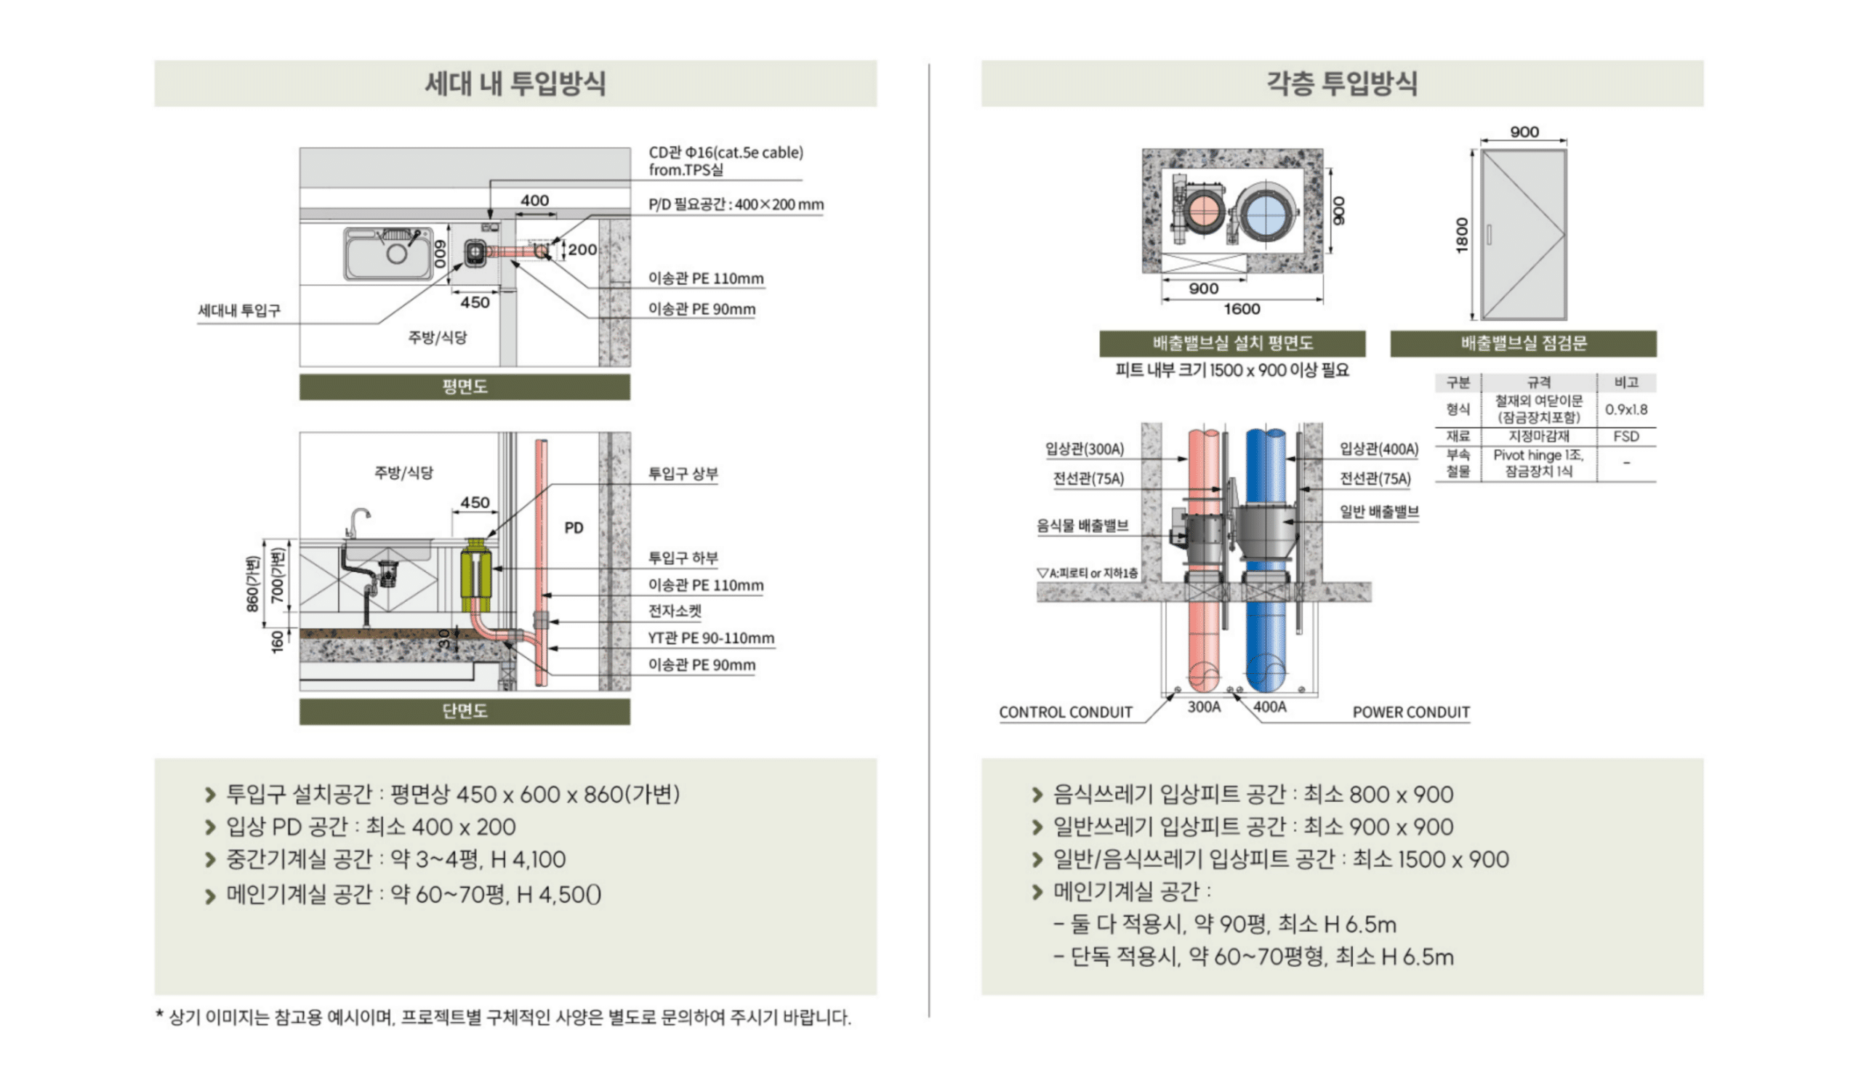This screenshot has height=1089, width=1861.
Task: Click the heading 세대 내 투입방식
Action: tap(515, 83)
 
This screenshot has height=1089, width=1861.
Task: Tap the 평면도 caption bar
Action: tap(465, 387)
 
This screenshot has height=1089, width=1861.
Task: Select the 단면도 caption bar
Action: tap(465, 711)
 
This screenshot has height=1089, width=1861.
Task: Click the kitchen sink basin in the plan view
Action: tap(388, 254)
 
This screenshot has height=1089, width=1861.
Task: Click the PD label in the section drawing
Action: tap(574, 528)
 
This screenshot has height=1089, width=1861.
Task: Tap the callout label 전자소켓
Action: tap(674, 611)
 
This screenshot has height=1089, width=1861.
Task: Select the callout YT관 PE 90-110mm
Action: tap(710, 638)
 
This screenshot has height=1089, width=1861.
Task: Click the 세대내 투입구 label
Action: tap(239, 311)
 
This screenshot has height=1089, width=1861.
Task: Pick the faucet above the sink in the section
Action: tap(358, 521)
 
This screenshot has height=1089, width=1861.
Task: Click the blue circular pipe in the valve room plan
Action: tap(1266, 215)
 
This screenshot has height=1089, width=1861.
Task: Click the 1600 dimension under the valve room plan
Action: tap(1242, 310)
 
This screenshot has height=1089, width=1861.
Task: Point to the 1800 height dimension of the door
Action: tap(1461, 235)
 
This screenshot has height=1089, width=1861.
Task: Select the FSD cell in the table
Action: tap(1625, 436)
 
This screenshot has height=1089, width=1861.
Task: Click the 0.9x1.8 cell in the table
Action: tap(1625, 410)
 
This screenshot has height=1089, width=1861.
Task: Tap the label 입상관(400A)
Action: tap(1379, 449)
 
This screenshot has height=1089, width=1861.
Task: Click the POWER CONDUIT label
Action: tap(1410, 712)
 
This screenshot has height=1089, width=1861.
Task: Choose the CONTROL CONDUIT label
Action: tap(1065, 712)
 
